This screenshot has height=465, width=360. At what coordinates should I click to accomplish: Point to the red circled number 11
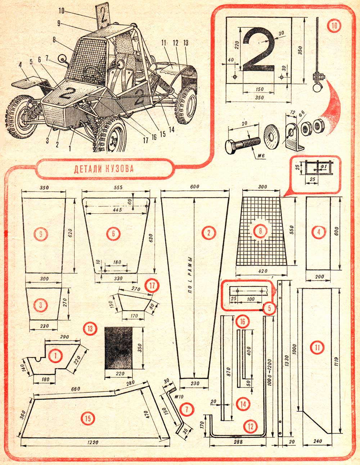click(x=317, y=347)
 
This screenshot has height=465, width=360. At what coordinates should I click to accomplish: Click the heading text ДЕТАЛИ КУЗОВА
click(x=104, y=169)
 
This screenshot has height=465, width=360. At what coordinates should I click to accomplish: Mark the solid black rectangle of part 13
click(x=118, y=348)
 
